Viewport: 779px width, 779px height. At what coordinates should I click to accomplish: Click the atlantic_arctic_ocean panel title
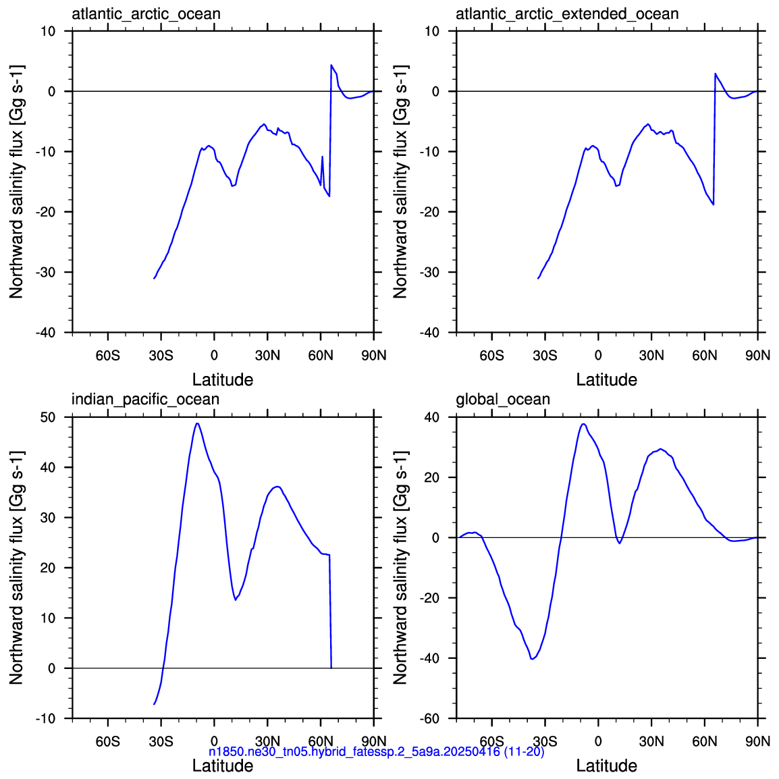coord(146,14)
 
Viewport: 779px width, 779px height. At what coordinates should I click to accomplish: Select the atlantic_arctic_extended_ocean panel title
coord(567,14)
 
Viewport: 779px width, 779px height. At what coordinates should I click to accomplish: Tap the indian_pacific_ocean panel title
coord(145,400)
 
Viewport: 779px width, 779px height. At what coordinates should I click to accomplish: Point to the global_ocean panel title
coord(503,400)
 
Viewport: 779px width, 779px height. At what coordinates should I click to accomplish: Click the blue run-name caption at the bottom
coord(376,752)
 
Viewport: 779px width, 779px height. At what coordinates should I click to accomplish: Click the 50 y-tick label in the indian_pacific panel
coord(48,417)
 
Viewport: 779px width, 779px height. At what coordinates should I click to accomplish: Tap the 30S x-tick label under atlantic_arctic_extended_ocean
coord(545,356)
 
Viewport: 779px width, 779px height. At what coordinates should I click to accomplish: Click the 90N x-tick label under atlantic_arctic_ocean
coord(373,356)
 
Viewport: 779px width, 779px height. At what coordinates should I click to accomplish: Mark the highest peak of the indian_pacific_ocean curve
coord(197,423)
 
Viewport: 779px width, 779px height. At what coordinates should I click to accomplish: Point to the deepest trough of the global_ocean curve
coord(532,659)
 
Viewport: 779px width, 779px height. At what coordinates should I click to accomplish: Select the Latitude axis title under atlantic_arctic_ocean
coord(223,379)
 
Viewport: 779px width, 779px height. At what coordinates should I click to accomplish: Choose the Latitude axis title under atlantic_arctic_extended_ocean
coord(607,379)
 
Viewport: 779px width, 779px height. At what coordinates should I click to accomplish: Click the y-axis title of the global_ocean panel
coord(400,567)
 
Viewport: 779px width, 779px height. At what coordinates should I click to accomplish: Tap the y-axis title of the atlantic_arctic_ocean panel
coord(16,182)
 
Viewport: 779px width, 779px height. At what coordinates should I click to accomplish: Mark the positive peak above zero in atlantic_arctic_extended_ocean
coord(716,74)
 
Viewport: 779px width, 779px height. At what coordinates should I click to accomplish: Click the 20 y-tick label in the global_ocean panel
coord(432,477)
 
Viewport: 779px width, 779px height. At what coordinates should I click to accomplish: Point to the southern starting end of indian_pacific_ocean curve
coord(154,704)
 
